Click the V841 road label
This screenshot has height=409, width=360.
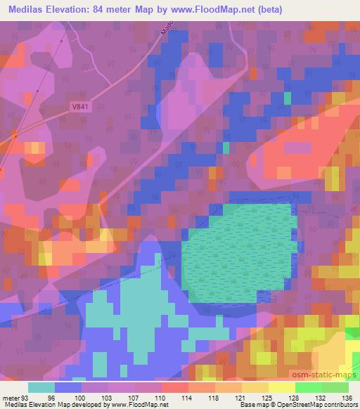81,106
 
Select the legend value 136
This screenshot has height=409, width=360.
349,397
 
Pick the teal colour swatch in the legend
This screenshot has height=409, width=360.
41,387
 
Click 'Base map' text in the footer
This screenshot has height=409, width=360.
250,405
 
